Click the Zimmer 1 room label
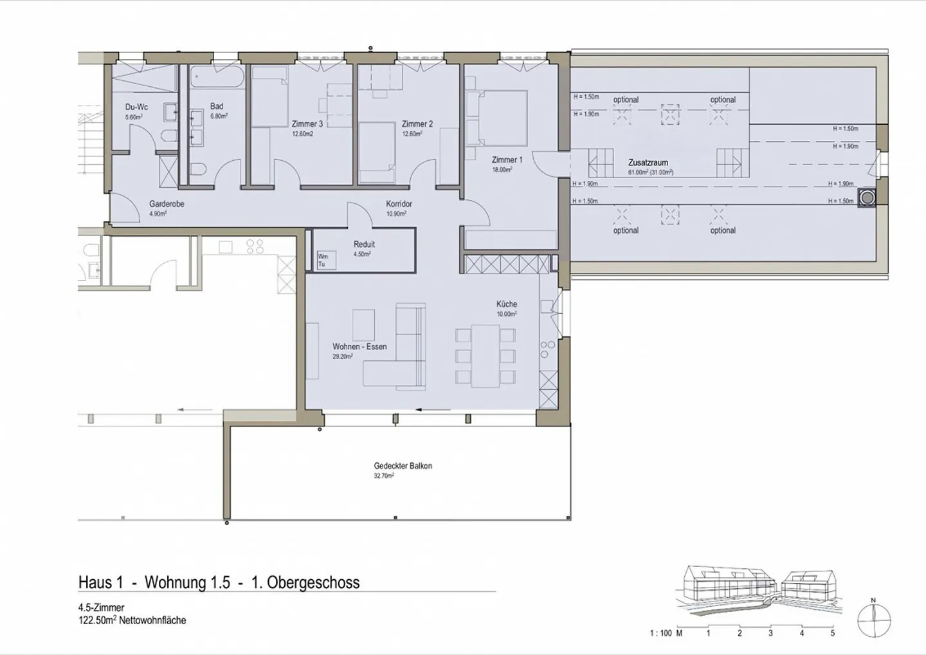(x=507, y=160)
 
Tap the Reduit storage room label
(x=364, y=244)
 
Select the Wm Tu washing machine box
(x=326, y=261)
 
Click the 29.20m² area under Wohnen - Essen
(x=343, y=356)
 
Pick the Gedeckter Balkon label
(x=403, y=466)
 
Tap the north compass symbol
(x=874, y=620)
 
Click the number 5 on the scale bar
(x=833, y=633)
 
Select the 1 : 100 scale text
(x=660, y=633)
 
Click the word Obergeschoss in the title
(x=313, y=583)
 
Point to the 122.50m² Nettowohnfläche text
(x=132, y=620)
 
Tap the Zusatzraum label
(x=648, y=163)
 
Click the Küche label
(x=507, y=304)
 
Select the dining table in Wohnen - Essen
(x=486, y=356)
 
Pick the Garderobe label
(x=167, y=204)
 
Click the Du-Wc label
(x=136, y=107)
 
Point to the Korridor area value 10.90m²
(x=396, y=214)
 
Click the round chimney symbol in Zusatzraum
(x=867, y=198)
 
